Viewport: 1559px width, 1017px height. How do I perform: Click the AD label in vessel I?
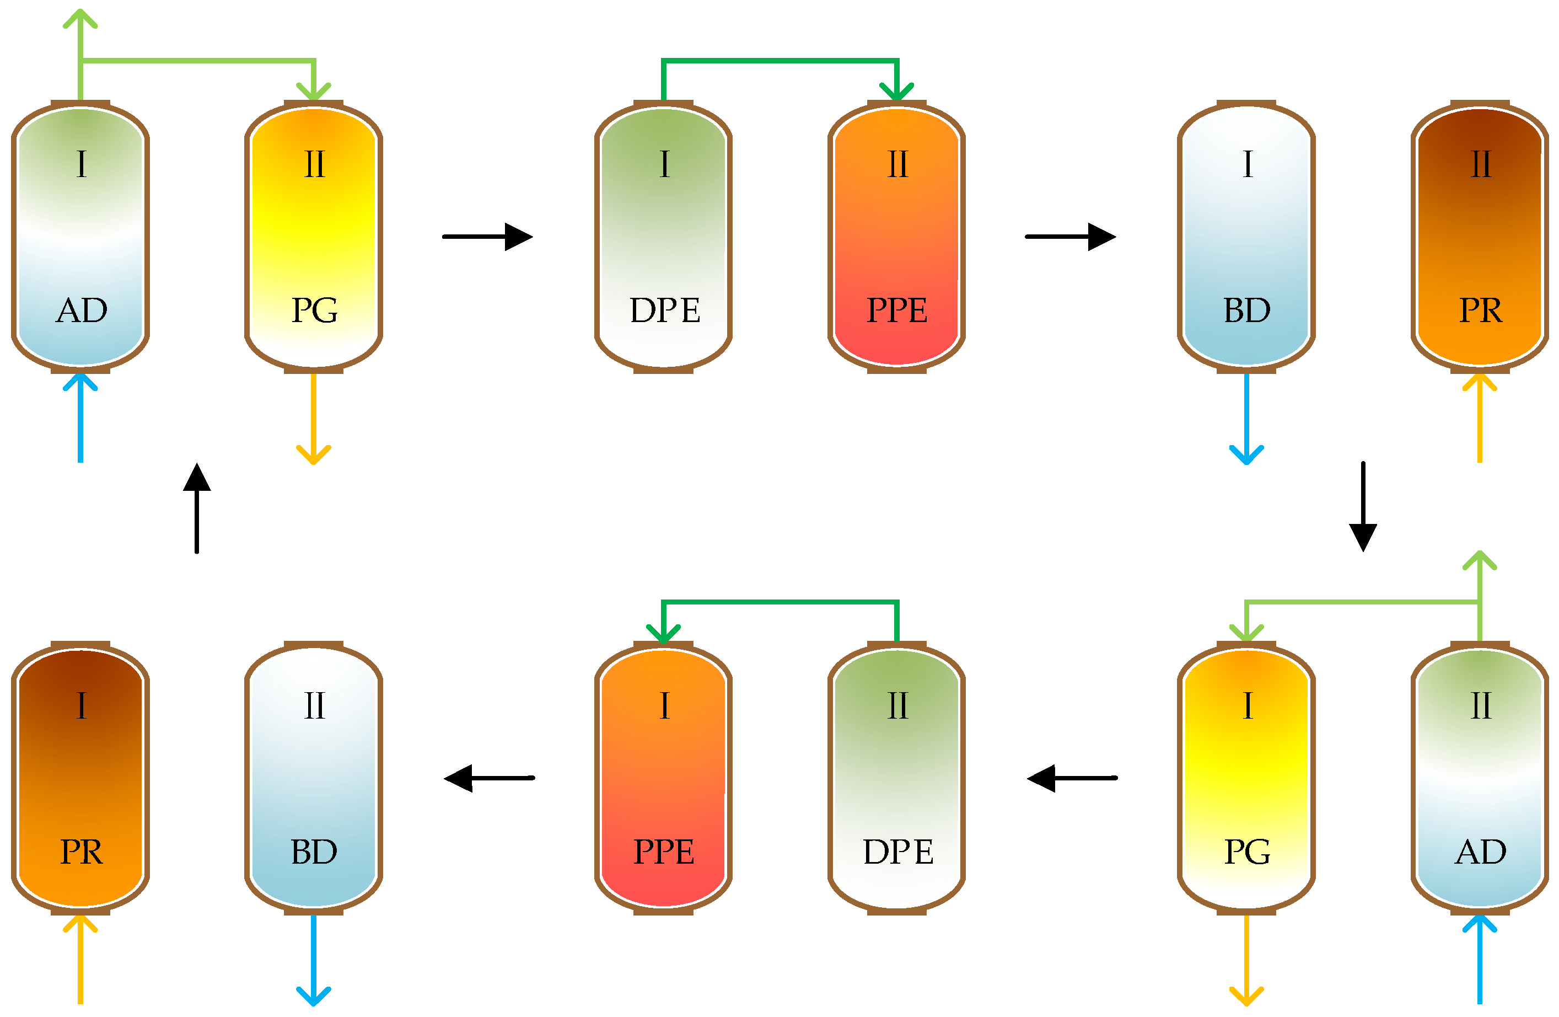point(81,311)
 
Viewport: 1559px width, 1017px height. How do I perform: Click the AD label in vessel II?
point(1480,853)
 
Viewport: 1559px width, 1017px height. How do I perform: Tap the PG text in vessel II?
point(314,311)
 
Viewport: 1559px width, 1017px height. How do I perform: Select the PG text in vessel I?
point(1247,853)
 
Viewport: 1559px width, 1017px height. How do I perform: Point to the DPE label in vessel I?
point(664,311)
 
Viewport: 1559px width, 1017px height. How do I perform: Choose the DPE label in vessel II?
point(897,853)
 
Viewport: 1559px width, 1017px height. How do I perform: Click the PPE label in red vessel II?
point(897,311)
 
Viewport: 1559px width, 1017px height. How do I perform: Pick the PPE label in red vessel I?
point(664,853)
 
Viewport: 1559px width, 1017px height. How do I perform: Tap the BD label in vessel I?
point(1246,311)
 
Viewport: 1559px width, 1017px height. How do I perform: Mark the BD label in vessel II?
point(314,853)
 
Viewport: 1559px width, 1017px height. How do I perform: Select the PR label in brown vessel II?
point(1480,311)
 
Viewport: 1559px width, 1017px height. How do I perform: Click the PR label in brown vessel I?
point(81,853)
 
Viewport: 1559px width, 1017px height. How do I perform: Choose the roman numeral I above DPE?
point(664,164)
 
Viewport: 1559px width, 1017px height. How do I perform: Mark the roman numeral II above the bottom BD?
point(314,706)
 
